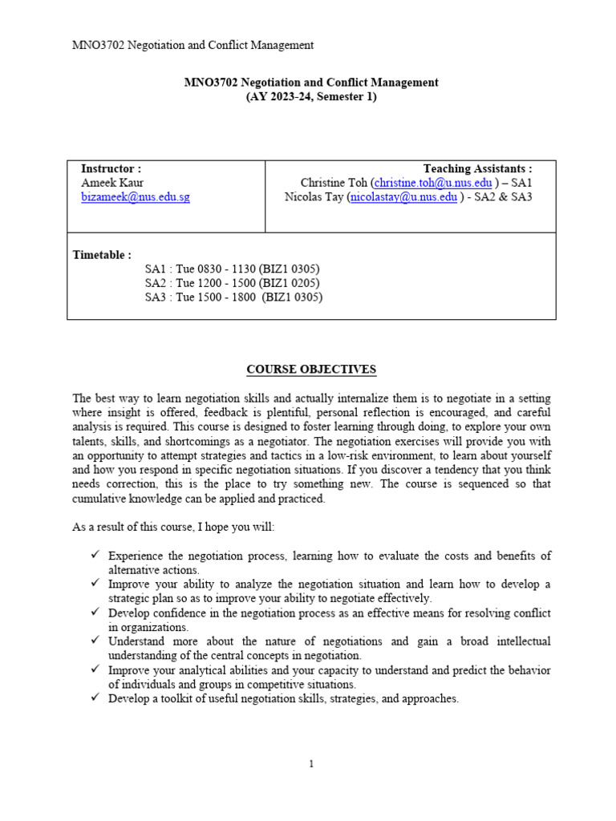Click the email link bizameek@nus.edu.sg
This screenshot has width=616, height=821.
pos(136,197)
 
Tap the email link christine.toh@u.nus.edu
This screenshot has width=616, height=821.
pos(433,183)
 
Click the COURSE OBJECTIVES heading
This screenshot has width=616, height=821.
pos(310,370)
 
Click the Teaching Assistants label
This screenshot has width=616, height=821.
pos(477,168)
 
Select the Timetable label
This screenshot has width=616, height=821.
pos(102,255)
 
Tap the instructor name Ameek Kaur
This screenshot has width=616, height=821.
pos(112,183)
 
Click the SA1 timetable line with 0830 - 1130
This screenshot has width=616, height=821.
pos(232,269)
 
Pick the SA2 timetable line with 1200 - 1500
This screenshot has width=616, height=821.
pos(232,283)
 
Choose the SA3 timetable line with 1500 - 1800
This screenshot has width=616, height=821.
pos(233,297)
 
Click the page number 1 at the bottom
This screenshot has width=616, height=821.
pos(311,764)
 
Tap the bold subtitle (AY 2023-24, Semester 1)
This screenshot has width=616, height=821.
pos(310,97)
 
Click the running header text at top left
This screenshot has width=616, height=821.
pos(192,45)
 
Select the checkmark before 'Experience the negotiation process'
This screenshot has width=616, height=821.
pos(95,555)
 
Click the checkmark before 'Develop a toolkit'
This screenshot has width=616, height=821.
pos(95,698)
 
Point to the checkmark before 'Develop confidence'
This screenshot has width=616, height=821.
pos(95,613)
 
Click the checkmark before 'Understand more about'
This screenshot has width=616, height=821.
pos(95,641)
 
